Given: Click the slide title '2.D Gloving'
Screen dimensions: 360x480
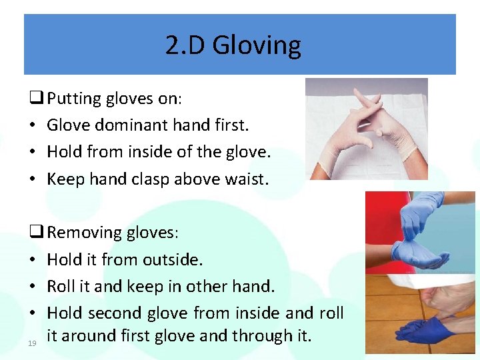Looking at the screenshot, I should tap(233, 45).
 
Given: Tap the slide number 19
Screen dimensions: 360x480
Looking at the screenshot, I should tap(32, 343).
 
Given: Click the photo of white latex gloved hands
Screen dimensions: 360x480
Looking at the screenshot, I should tap(366, 129).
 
